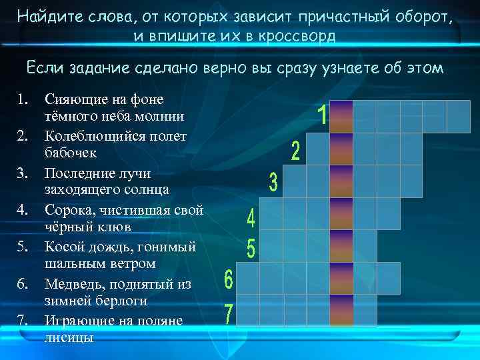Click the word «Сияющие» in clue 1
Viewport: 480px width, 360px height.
click(x=73, y=99)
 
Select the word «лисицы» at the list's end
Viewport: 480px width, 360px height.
click(x=69, y=337)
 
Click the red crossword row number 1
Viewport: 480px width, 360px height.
click(x=322, y=117)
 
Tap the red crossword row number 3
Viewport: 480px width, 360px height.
click(x=273, y=182)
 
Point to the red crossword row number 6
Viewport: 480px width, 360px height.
click(x=228, y=280)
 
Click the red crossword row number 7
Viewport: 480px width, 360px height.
click(x=229, y=314)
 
